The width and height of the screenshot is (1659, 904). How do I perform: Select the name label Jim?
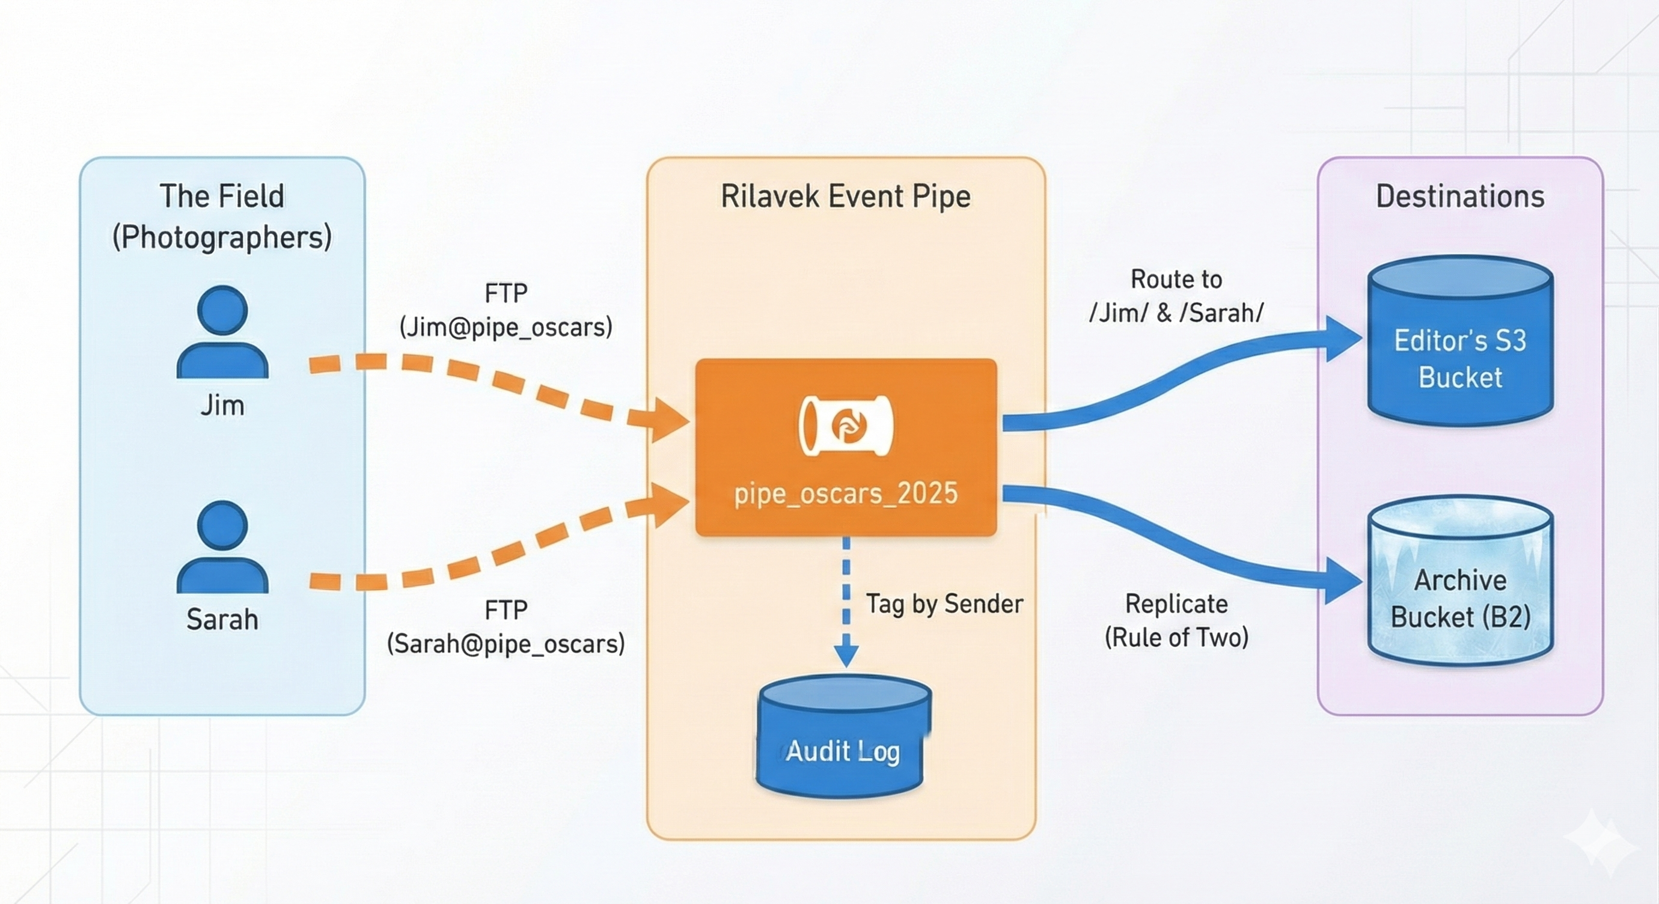click(222, 406)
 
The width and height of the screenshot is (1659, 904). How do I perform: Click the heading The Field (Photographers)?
click(222, 216)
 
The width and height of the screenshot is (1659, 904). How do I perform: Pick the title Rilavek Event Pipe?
click(845, 197)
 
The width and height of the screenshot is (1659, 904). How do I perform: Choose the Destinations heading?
click(1460, 197)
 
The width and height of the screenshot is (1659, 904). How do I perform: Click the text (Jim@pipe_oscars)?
click(506, 327)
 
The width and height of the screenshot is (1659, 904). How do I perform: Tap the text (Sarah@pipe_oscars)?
click(506, 643)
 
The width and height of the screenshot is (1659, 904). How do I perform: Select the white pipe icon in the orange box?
click(846, 426)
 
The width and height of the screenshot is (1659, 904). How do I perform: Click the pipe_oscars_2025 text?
click(846, 493)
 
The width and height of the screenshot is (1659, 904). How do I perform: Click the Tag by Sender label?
click(944, 604)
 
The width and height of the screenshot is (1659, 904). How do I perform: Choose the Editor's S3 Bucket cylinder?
click(1460, 341)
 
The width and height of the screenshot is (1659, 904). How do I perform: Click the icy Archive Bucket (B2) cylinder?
click(1460, 582)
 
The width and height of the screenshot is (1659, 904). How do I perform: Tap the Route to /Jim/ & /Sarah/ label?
click(1176, 296)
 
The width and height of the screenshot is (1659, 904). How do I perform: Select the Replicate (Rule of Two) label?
click(1176, 621)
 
